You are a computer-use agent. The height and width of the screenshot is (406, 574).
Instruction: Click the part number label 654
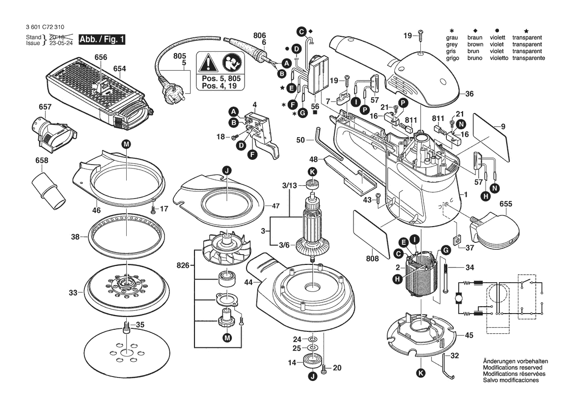click(120, 69)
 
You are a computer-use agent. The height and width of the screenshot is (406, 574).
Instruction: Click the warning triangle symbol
click(208, 63)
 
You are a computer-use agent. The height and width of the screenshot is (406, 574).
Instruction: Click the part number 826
click(183, 266)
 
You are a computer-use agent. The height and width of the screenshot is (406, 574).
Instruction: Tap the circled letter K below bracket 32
click(421, 373)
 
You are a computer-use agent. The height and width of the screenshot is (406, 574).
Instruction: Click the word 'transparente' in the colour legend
click(527, 58)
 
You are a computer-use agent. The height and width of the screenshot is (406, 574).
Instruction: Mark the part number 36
click(469, 94)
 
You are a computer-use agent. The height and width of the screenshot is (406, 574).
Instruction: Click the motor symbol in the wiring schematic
click(459, 298)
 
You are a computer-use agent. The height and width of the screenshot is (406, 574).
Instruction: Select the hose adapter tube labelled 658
click(49, 189)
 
